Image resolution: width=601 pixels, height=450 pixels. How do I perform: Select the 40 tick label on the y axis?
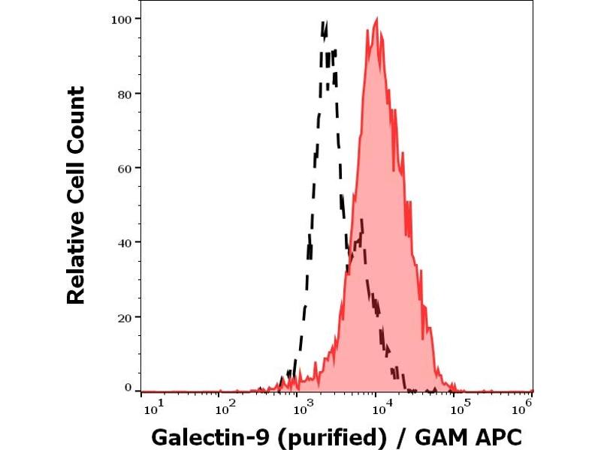(x=125, y=242)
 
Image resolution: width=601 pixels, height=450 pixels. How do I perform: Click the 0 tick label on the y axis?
(x=128, y=387)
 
